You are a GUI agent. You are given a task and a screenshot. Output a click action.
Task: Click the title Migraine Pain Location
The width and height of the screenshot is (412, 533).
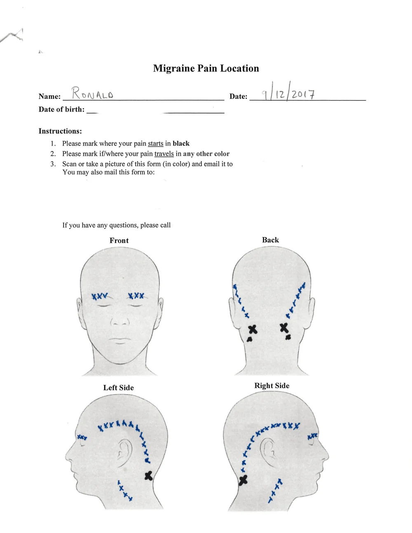pyautogui.click(x=206, y=68)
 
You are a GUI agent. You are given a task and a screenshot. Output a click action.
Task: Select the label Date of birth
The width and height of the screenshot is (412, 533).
pyautogui.click(x=61, y=109)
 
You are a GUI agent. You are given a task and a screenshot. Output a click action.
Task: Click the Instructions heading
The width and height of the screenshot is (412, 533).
pyautogui.click(x=60, y=131)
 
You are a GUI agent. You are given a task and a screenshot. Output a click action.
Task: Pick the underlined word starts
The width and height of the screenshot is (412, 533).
pyautogui.click(x=155, y=143)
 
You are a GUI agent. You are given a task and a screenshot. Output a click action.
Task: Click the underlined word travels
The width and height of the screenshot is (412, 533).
pyautogui.click(x=164, y=154)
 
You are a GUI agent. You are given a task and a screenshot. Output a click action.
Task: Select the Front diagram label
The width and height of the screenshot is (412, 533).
pyautogui.click(x=119, y=240)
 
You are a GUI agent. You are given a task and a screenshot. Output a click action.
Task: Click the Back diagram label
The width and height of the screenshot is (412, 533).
pyautogui.click(x=270, y=240)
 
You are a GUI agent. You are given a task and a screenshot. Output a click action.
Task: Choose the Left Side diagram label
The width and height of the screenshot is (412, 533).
pyautogui.click(x=118, y=387)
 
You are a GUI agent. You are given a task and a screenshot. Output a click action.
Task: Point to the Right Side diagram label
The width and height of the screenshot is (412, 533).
pyautogui.click(x=272, y=385)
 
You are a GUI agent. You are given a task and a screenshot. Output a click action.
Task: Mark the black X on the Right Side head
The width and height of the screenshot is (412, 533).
pyautogui.click(x=243, y=479)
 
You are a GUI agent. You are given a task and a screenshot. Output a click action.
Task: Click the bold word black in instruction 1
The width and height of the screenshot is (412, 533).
pyautogui.click(x=181, y=143)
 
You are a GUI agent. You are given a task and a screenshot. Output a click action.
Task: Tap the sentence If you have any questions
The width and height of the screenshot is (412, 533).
pyautogui.click(x=116, y=225)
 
